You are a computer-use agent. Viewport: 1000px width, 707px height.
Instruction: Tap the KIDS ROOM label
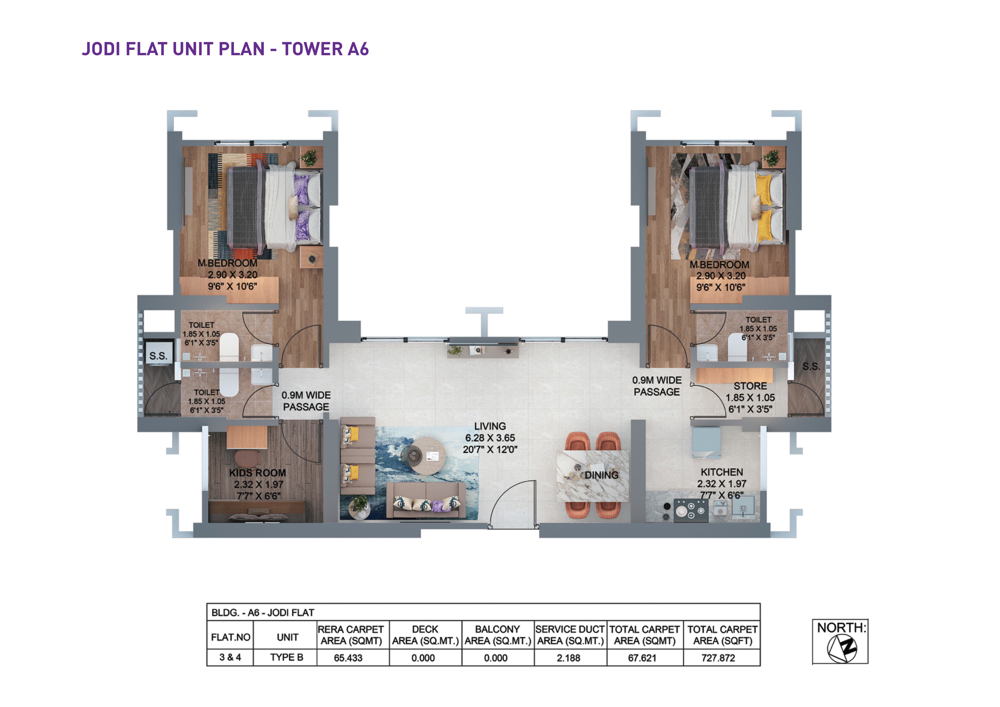(x=257, y=473)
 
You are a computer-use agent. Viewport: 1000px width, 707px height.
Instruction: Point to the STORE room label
(x=750, y=386)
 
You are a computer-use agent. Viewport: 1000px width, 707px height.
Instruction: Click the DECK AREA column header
(x=425, y=635)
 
